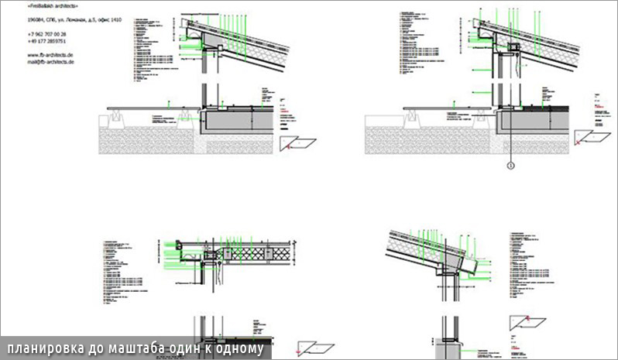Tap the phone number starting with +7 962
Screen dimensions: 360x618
[46, 35]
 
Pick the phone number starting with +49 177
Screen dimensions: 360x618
[46, 42]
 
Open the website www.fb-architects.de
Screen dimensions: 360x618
[50, 55]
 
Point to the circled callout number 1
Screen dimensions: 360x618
[510, 164]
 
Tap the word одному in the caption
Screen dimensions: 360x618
[240, 349]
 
